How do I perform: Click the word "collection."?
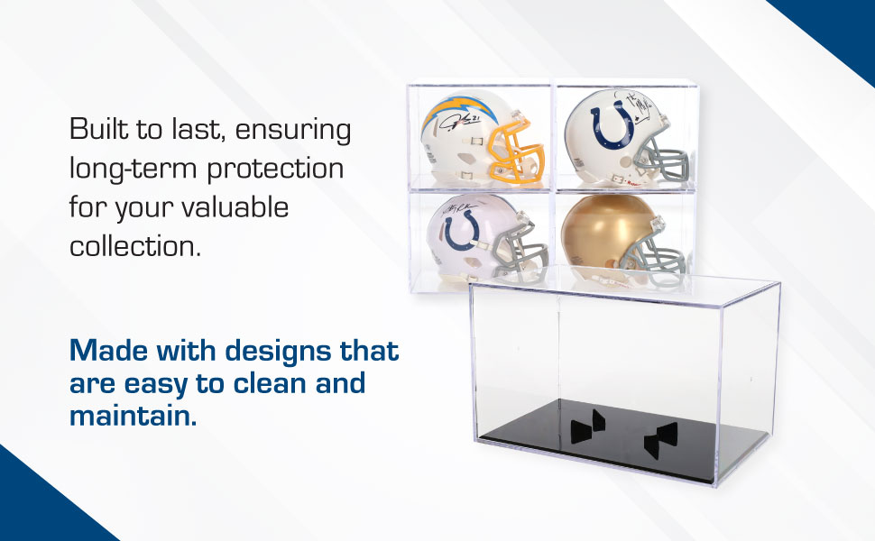pos(135,246)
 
